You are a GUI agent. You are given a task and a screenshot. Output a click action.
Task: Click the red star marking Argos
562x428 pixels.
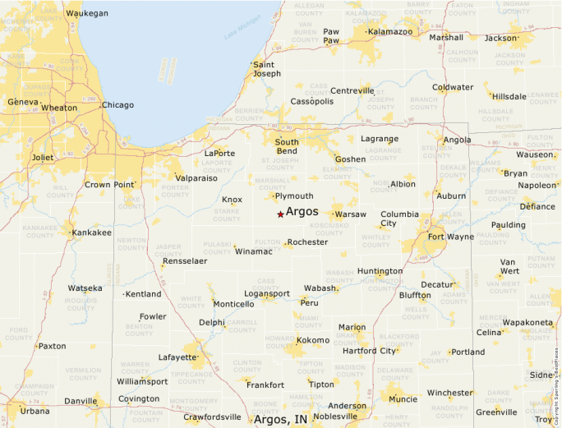[x=280, y=214]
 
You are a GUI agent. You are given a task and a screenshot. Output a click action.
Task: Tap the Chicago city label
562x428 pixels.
[x=117, y=105]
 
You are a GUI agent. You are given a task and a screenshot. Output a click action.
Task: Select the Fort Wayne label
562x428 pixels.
[x=450, y=237]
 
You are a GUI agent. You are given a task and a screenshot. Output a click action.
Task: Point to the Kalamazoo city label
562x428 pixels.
[x=390, y=31]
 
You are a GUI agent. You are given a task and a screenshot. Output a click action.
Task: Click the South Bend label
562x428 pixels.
[x=287, y=146]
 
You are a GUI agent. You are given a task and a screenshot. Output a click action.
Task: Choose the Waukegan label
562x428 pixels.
[x=86, y=14]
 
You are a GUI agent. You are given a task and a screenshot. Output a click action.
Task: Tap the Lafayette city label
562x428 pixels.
[x=177, y=357]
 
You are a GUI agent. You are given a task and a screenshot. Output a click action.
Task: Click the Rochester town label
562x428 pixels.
[x=308, y=242]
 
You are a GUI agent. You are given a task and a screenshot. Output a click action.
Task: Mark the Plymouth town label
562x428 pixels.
[x=294, y=196]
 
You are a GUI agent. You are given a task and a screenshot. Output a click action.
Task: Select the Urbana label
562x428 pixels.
[x=35, y=411]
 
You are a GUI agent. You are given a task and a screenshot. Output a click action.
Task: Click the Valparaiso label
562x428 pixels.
[x=196, y=177]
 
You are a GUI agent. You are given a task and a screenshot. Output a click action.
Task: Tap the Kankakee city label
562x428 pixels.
[x=92, y=232]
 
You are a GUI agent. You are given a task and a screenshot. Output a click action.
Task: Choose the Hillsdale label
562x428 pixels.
[x=509, y=96]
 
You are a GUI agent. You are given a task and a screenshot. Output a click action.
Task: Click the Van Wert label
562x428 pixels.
[x=509, y=266]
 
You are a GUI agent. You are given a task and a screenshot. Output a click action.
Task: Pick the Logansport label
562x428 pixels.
[x=267, y=293]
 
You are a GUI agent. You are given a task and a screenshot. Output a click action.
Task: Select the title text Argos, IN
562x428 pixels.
[x=281, y=419]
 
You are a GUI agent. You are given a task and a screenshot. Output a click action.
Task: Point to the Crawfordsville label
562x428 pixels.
[x=213, y=417]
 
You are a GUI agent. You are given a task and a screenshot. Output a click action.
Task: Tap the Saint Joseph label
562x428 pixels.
[x=267, y=68]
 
